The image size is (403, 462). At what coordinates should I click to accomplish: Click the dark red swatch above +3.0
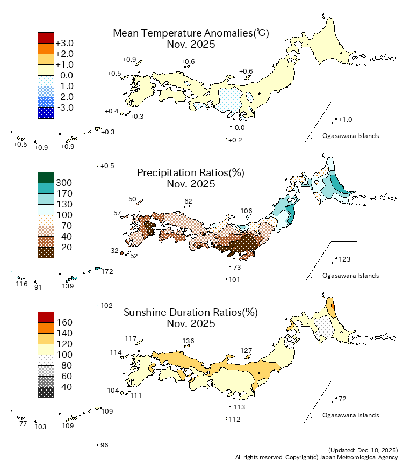click(46, 38)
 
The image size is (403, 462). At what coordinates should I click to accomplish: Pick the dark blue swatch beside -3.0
click(46, 113)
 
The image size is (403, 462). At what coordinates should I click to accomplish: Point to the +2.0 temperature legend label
click(64, 54)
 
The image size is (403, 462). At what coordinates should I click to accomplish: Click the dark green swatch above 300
click(46, 177)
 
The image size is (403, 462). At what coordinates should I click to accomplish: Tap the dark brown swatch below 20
click(46, 252)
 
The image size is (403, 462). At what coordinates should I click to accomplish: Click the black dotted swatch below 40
click(46, 392)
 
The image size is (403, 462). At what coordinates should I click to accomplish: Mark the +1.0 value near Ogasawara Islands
click(346, 120)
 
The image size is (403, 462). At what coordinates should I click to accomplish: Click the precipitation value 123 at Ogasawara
click(344, 259)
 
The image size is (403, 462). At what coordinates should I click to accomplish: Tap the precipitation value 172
click(107, 272)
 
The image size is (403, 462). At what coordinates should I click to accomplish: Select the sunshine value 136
click(188, 341)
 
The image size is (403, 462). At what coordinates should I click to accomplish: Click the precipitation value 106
click(246, 211)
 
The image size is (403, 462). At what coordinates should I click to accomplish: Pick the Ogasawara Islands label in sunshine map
click(350, 415)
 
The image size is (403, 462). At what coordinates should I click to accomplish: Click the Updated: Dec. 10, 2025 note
click(362, 449)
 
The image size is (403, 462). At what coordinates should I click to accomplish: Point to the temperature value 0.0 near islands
click(240, 128)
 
